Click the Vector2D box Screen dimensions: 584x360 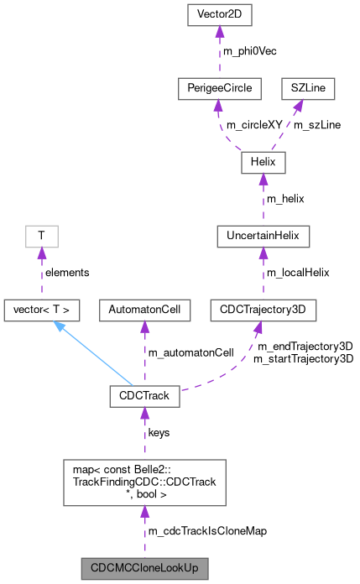tap(218, 15)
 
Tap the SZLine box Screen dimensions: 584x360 tap(311, 88)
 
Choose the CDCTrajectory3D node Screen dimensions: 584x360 tap(258, 310)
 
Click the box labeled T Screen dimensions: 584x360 tap(39, 237)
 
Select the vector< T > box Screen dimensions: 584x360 tap(42, 310)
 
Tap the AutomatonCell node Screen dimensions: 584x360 tap(144, 310)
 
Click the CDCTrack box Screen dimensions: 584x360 tap(144, 396)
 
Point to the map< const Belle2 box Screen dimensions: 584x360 tap(144, 481)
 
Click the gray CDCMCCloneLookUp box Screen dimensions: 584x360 tap(144, 567)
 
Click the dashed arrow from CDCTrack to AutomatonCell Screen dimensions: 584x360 tap(144, 353)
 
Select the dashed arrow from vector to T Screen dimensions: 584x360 tap(40, 274)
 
